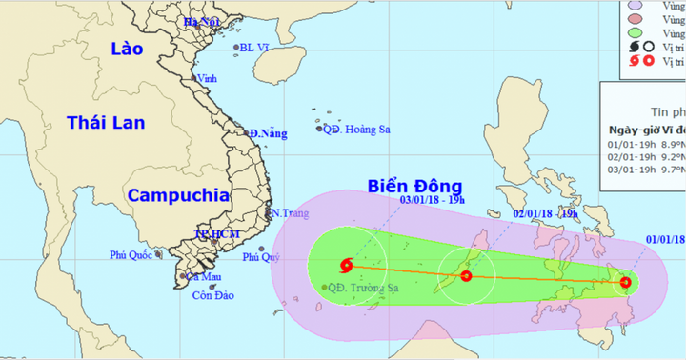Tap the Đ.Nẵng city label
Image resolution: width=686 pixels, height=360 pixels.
268,134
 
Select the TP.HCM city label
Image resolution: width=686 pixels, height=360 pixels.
215,233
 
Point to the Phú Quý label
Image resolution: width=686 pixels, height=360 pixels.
263,256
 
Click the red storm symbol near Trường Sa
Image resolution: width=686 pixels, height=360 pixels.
344,266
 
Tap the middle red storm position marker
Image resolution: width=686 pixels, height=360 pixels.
466,276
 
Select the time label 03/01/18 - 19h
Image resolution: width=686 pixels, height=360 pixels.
432,200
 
